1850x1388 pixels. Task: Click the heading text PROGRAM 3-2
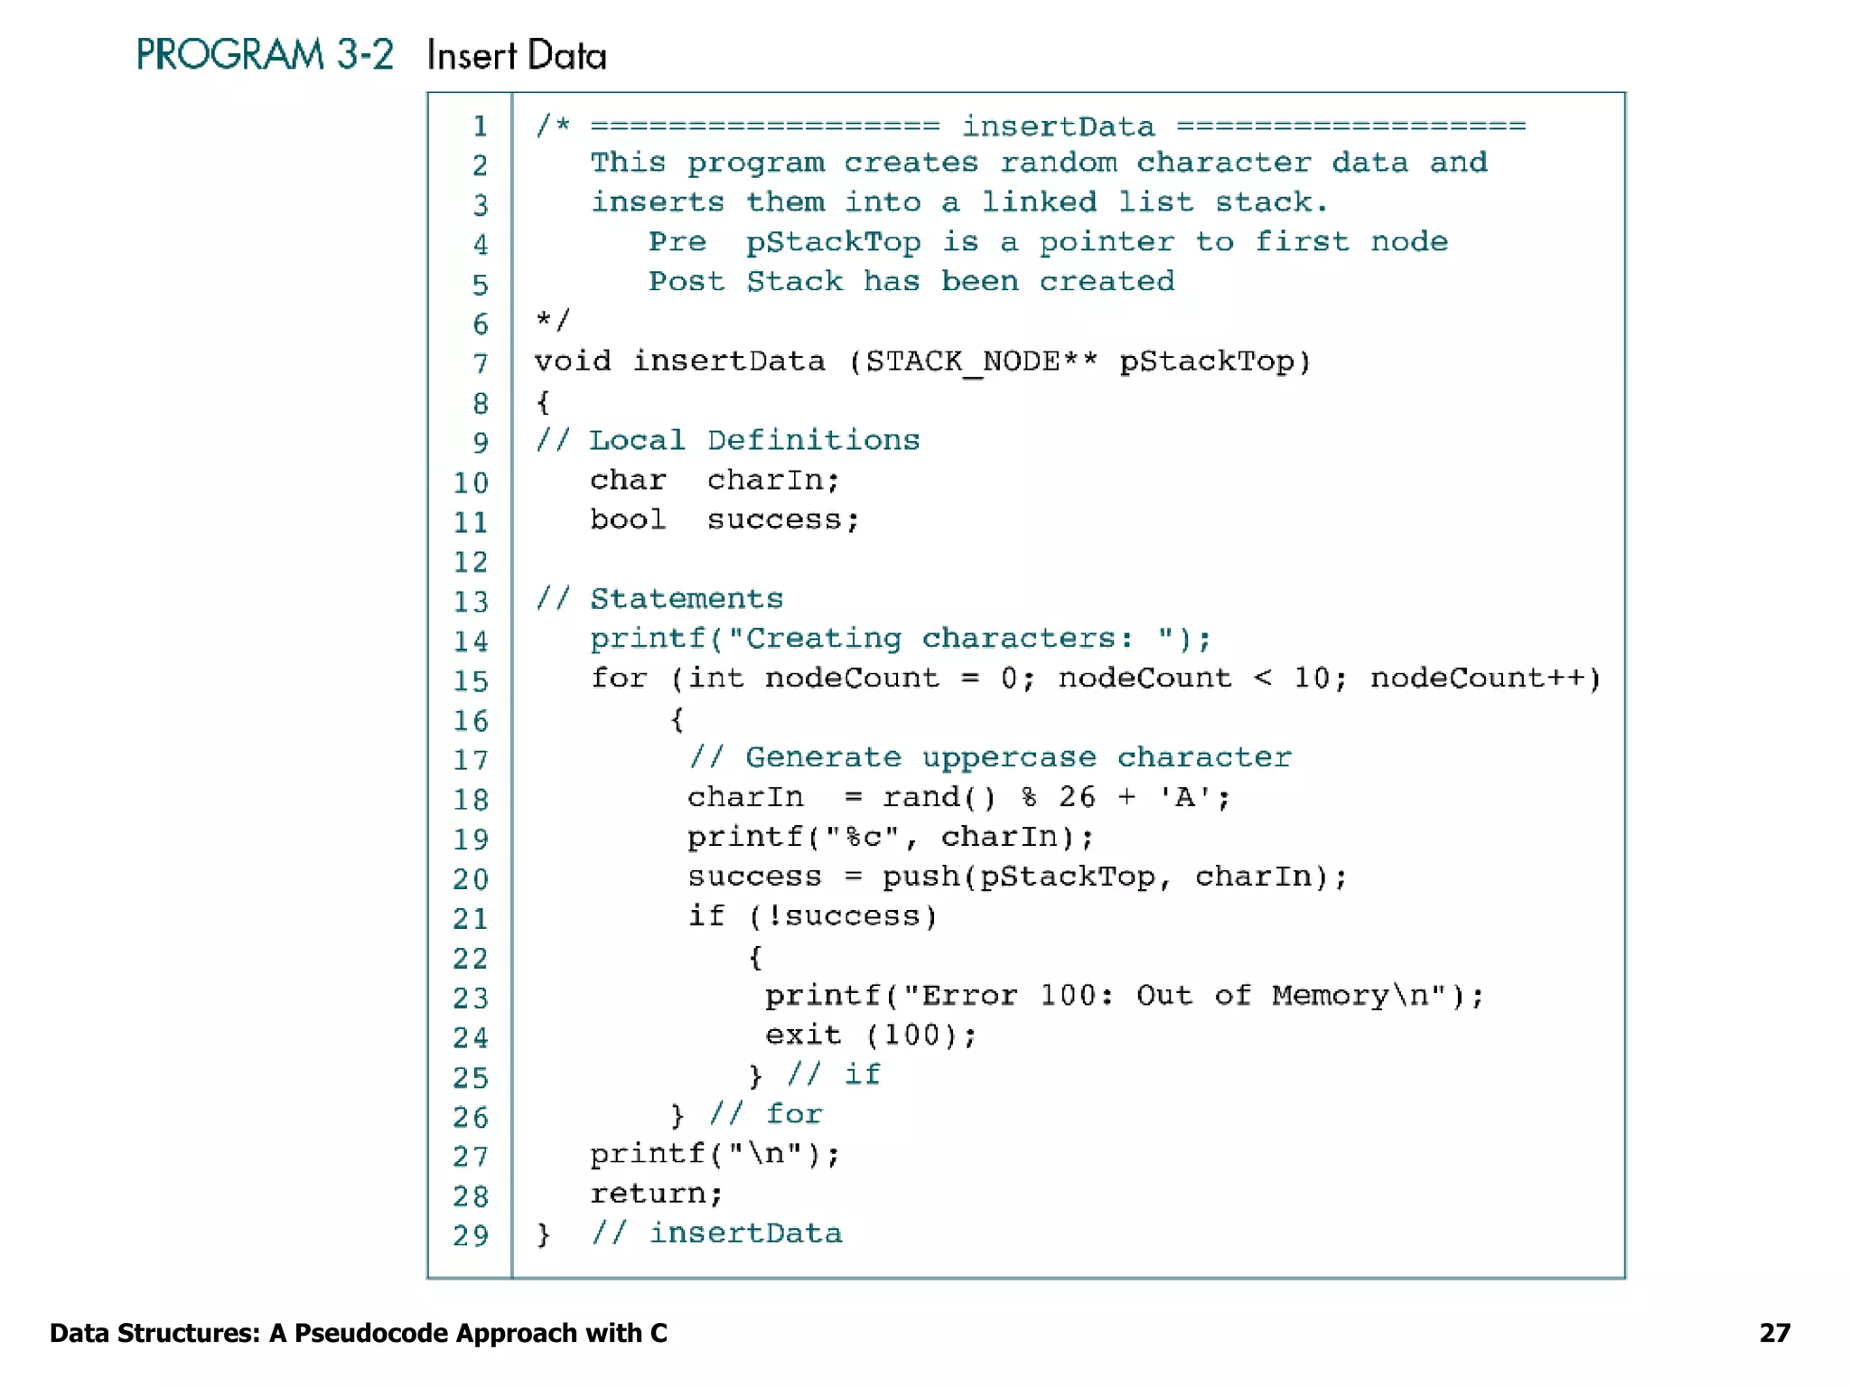[x=265, y=55]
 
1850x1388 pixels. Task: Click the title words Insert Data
[x=517, y=56]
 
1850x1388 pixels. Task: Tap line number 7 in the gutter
[x=481, y=363]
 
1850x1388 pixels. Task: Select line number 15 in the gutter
[x=471, y=680]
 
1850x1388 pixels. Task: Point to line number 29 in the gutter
[x=471, y=1235]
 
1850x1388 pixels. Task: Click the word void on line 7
[x=572, y=361]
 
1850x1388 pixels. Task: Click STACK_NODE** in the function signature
[x=981, y=361]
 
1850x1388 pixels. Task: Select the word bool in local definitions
[x=628, y=520]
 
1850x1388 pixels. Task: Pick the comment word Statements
[x=687, y=599]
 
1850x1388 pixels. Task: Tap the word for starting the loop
[x=619, y=678]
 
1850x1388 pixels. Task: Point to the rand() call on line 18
[x=939, y=797]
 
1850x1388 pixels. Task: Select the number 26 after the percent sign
[x=1077, y=797]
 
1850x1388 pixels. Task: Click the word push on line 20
[x=920, y=877]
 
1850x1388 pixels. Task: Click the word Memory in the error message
[x=1330, y=996]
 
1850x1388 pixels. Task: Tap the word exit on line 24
[x=803, y=1036]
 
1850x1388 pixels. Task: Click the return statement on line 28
[x=656, y=1194]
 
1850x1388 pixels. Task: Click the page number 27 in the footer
[x=1774, y=1333]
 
